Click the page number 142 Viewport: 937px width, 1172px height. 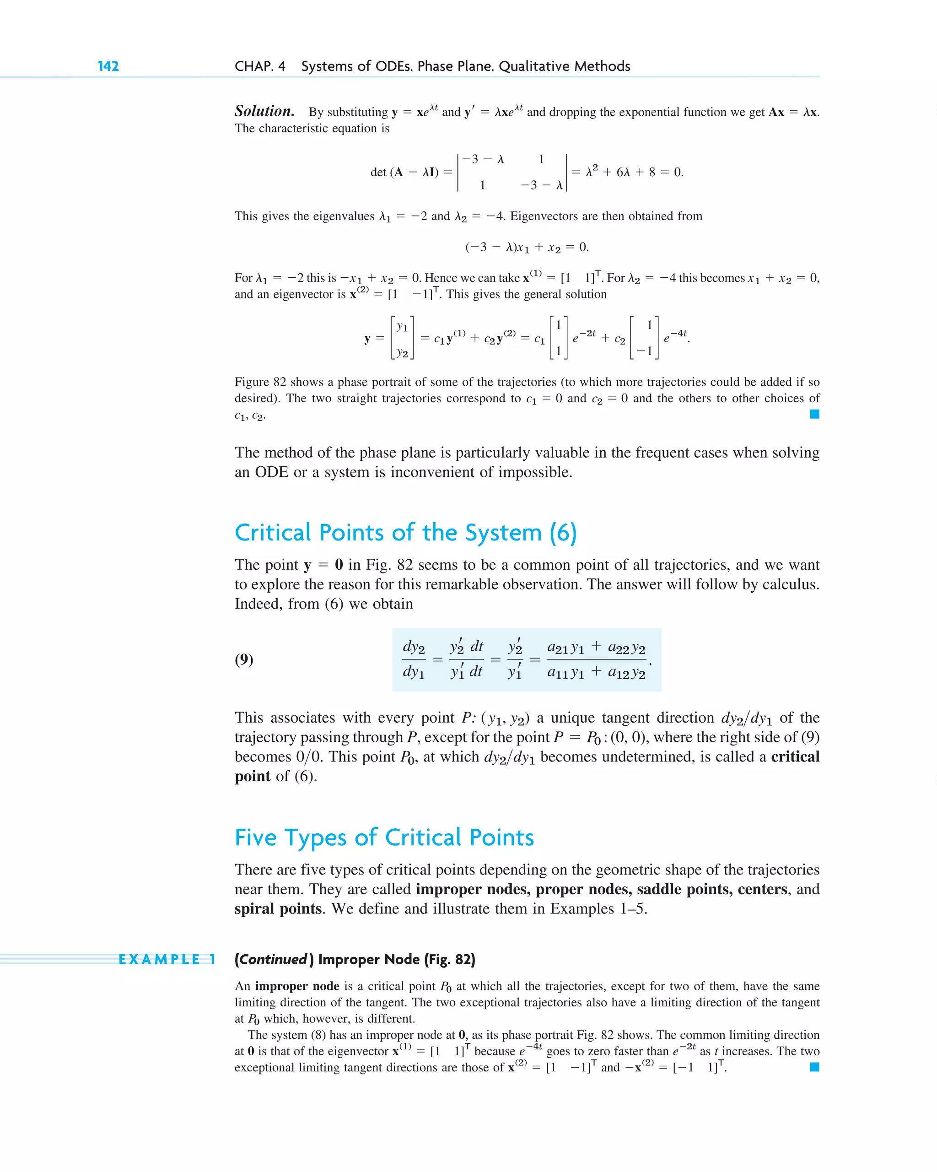pyautogui.click(x=108, y=66)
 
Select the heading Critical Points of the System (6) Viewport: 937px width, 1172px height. pyautogui.click(x=405, y=532)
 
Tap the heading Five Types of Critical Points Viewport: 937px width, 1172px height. pyautogui.click(x=384, y=837)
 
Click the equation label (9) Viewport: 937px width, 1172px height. pyautogui.click(x=243, y=659)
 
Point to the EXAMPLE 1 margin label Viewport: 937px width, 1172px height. pyautogui.click(x=167, y=960)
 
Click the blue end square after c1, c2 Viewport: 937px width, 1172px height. pyautogui.click(x=814, y=414)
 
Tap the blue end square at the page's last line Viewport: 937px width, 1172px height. pyautogui.click(x=814, y=1067)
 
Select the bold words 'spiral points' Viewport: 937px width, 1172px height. pyautogui.click(x=278, y=908)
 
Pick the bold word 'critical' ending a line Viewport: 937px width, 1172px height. pyautogui.click(x=795, y=756)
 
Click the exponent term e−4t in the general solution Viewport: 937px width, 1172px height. pyautogui.click(x=676, y=337)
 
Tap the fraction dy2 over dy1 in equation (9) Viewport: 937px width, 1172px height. pyautogui.click(x=414, y=659)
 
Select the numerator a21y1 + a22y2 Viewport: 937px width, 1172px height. pyautogui.click(x=596, y=648)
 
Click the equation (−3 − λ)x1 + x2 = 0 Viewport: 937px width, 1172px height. pyautogui.click(x=527, y=247)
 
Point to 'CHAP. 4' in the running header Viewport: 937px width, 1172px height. pyautogui.click(x=260, y=66)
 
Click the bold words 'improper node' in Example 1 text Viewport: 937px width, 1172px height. pyautogui.click(x=297, y=986)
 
